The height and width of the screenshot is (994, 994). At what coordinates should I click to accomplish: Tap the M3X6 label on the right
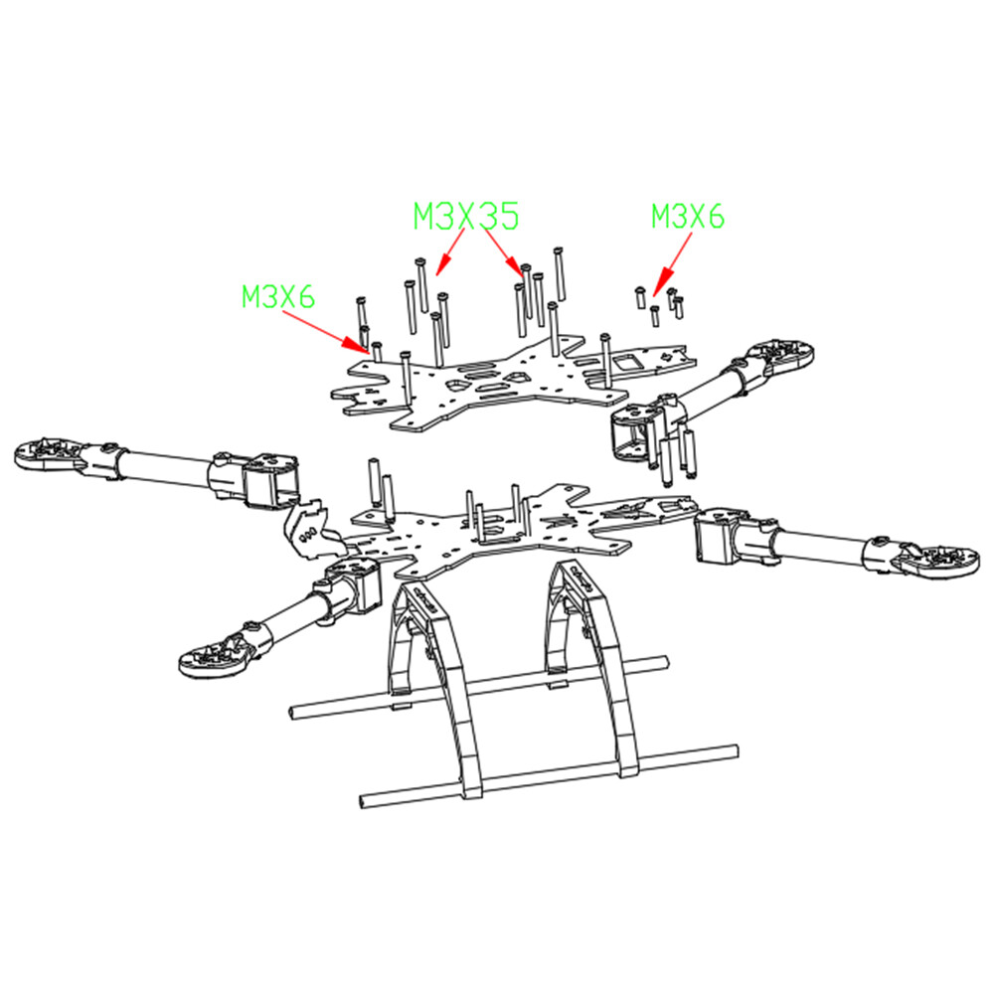pos(688,215)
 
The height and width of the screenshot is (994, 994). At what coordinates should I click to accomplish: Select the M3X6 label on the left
pos(278,295)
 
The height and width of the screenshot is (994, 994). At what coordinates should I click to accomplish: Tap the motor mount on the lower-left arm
pos(212,653)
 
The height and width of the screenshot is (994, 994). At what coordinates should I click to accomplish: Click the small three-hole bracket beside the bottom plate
pos(309,527)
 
